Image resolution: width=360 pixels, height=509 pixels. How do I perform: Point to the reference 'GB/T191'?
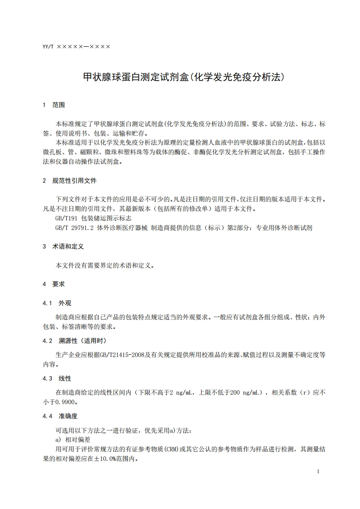pyautogui.click(x=67, y=218)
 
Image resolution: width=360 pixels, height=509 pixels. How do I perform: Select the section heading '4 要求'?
pyautogui.click(x=54, y=284)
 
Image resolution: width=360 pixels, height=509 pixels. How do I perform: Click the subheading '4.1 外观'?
pyautogui.click(x=57, y=303)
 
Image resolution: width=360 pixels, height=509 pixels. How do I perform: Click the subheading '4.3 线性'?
pyautogui.click(x=57, y=378)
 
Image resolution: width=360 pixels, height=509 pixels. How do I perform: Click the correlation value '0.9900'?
pyautogui.click(x=66, y=401)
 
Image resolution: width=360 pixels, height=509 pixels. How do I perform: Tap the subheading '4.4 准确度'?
pyautogui.click(x=60, y=416)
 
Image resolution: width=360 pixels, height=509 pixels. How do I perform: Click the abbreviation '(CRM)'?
pyautogui.click(x=174, y=449)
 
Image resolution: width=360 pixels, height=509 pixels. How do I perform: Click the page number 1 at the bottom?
pyautogui.click(x=318, y=472)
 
